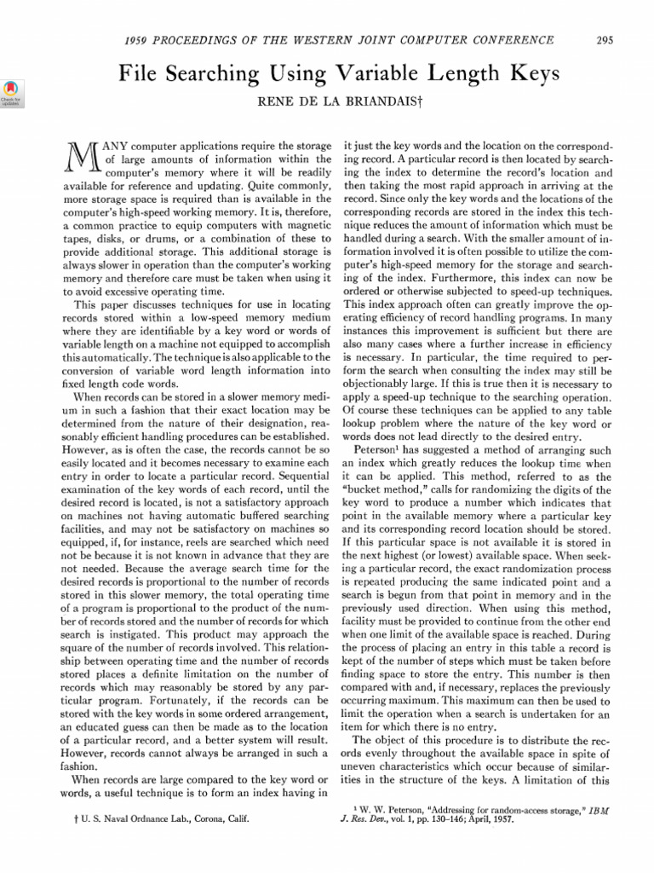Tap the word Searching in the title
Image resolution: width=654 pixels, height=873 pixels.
225,75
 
